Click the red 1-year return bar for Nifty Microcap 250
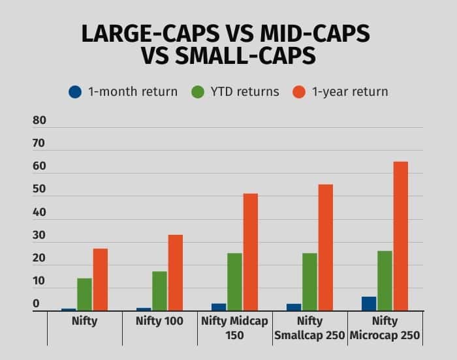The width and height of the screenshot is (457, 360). pos(400,236)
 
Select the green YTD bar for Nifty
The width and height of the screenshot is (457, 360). pos(84,295)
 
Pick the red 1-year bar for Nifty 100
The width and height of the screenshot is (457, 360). pos(175,273)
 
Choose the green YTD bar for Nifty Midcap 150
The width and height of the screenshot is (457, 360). pos(234,282)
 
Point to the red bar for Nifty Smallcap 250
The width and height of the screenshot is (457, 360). pos(325,248)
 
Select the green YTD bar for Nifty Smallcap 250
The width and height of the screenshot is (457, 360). pos(309,282)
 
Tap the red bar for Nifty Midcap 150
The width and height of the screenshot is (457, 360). pos(250,252)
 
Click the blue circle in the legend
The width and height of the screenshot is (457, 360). pos(75,91)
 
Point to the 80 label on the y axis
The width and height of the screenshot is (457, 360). pos(39,121)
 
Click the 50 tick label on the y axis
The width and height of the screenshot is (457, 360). pos(39,190)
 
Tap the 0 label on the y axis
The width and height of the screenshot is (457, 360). pos(36,304)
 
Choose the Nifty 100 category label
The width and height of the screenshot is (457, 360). pos(159,322)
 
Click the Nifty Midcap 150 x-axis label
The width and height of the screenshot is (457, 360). pos(234,328)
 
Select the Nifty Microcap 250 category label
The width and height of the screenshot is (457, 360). pos(385,328)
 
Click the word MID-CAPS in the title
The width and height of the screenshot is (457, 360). pos(313,34)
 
